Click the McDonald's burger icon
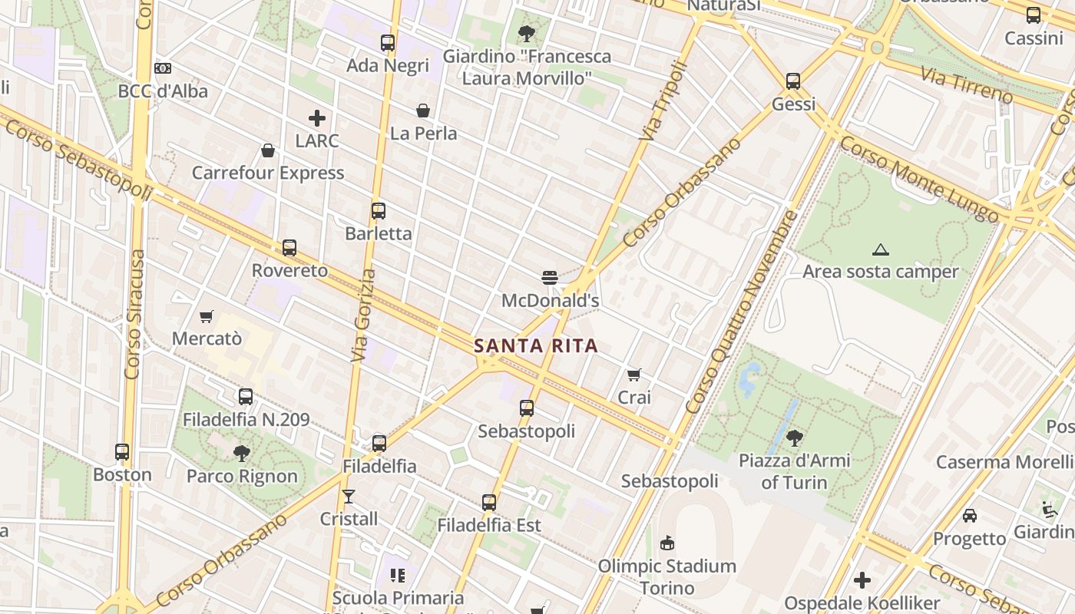(x=549, y=277)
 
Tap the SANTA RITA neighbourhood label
(x=535, y=345)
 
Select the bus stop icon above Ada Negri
(x=388, y=43)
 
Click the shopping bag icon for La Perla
(x=423, y=111)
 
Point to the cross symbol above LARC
(x=317, y=118)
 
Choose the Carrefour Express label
(x=268, y=173)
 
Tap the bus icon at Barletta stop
(x=378, y=211)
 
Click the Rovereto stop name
(x=289, y=271)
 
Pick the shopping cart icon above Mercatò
(x=206, y=316)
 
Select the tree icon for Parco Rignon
(x=242, y=454)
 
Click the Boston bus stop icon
(x=122, y=452)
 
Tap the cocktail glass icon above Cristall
(x=349, y=497)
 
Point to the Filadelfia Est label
(x=489, y=526)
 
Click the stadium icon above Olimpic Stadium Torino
(x=667, y=543)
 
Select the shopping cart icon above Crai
(x=634, y=375)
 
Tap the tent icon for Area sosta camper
(x=881, y=249)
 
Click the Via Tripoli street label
(x=660, y=101)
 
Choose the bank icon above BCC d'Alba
(x=163, y=68)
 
